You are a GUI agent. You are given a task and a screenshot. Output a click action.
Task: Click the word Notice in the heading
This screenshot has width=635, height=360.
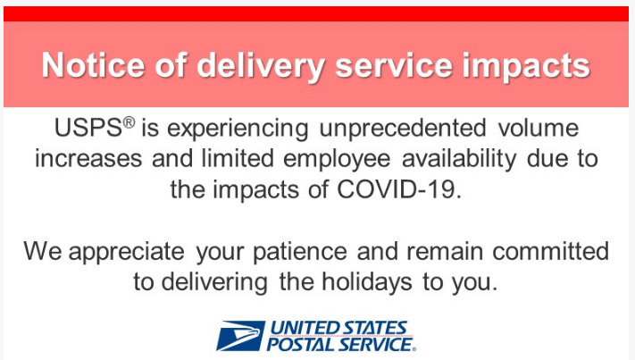pyautogui.click(x=86, y=66)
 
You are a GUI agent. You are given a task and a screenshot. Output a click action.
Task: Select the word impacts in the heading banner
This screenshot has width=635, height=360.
pyautogui.click(x=526, y=66)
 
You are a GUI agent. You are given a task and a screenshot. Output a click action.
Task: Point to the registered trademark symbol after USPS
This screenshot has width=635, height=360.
pyautogui.click(x=130, y=123)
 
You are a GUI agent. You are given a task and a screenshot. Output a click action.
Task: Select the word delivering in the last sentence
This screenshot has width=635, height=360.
pyautogui.click(x=230, y=282)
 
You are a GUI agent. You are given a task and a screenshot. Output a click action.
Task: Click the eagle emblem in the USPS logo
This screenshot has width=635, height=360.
pyautogui.click(x=238, y=335)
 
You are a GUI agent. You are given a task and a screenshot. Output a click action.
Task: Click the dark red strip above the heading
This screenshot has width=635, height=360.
pyautogui.click(x=317, y=13)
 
